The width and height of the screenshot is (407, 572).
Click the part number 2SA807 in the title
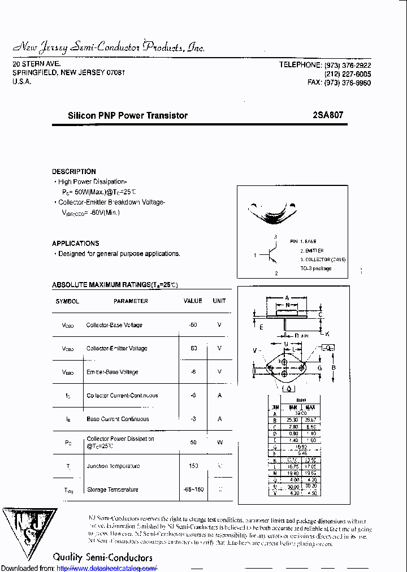coord(328,115)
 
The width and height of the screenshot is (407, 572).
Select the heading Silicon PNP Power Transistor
coord(128,115)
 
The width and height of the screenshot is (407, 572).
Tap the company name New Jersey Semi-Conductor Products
coord(109,47)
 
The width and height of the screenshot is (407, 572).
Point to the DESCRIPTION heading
coord(74,171)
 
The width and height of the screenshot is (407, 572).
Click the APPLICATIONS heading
coord(76,244)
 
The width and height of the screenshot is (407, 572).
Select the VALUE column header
coord(193,301)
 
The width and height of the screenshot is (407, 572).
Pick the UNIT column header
coord(219,301)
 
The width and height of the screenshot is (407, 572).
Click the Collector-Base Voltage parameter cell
coord(114,325)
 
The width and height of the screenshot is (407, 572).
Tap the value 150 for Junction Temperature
coord(193,466)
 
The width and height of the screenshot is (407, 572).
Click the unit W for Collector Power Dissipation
coord(220,442)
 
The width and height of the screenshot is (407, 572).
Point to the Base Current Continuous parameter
coord(118,419)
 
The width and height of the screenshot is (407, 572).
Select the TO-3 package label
coord(315,268)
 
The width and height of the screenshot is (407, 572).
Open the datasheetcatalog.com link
coord(107,568)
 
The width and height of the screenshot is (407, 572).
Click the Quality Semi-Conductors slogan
coord(102,557)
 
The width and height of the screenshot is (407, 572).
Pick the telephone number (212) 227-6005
coord(348,74)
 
